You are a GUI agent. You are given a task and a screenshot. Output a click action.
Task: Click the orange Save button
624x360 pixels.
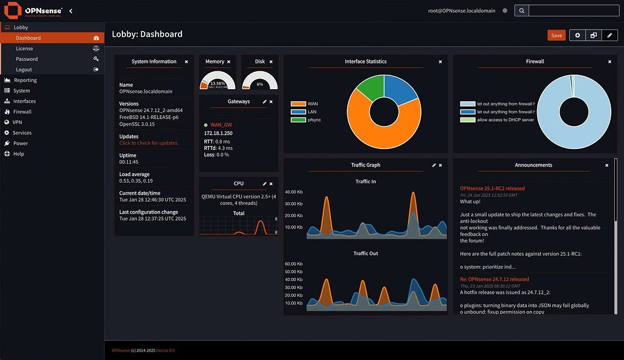(556, 36)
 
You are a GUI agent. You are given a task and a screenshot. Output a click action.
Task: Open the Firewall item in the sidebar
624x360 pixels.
(22, 112)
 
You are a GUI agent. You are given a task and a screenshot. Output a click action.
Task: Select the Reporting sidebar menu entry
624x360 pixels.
(25, 80)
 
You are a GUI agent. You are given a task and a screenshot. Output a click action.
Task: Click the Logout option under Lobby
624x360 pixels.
(24, 70)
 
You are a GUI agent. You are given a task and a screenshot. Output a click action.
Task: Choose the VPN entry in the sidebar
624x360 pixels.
(17, 122)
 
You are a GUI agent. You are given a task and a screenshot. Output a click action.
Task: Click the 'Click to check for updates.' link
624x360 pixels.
(149, 143)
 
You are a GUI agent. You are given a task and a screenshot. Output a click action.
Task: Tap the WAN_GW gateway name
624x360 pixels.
(221, 125)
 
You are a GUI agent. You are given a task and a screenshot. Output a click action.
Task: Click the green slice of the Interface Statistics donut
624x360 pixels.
(368, 89)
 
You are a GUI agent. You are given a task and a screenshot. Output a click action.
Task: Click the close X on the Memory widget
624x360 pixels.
(228, 62)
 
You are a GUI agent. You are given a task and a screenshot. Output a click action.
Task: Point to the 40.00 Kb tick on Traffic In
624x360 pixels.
(294, 192)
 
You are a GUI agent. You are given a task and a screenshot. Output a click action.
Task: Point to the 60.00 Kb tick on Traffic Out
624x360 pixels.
(294, 264)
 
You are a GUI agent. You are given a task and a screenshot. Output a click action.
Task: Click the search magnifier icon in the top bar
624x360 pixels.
(522, 10)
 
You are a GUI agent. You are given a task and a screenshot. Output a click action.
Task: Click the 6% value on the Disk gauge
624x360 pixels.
(260, 84)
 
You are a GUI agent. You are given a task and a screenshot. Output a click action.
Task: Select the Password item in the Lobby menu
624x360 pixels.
(27, 59)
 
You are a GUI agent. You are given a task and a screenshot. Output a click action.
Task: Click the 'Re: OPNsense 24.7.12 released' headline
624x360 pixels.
(494, 279)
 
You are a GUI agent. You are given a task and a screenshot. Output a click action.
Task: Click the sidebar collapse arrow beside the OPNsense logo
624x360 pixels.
(71, 11)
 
